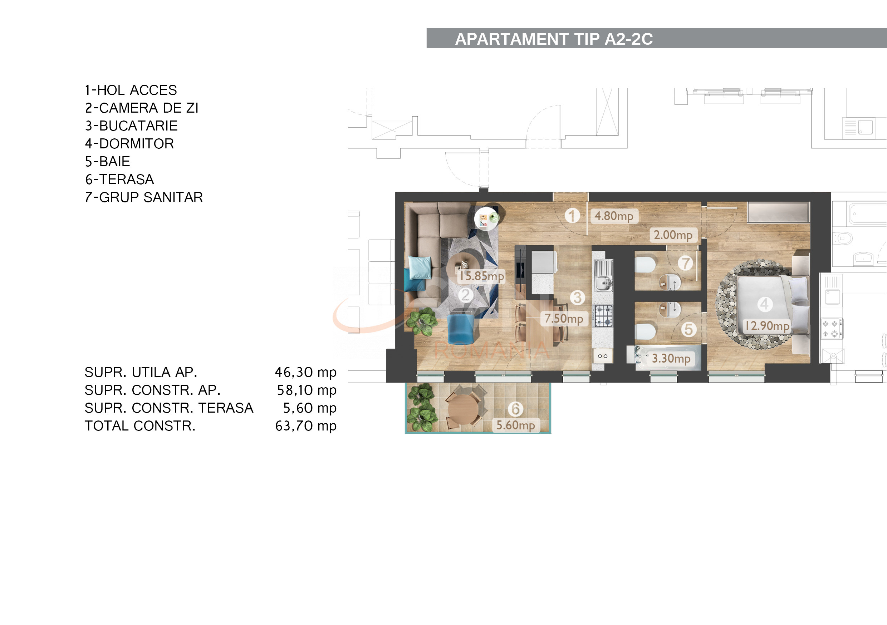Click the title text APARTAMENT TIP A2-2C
pos(554,39)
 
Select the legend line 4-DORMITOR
pos(129,144)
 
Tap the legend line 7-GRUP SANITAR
pos(144,197)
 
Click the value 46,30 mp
pos(305,372)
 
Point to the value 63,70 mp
pos(305,426)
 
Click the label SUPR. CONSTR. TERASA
pos(169,408)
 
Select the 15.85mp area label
pos(481,276)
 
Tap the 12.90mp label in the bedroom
pos(767,326)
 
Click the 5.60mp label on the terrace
pos(515,425)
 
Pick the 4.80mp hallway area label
pos(614,216)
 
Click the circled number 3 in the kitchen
pos(577,298)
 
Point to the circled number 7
pos(686,264)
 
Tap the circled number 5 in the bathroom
pos(688,330)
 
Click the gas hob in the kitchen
pos(603,316)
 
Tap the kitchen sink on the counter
pos(603,283)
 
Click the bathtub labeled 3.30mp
pos(668,358)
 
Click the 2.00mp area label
pos(673,235)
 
